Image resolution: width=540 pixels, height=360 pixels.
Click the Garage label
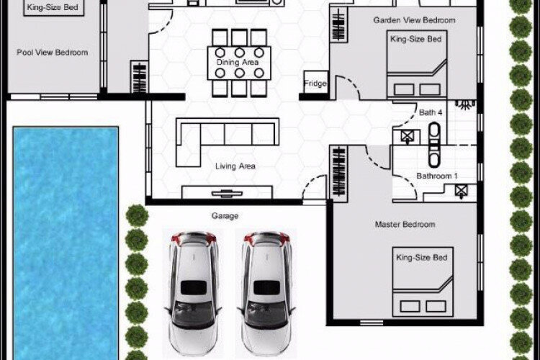[x=225, y=216]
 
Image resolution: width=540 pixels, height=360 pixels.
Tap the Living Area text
[x=235, y=166]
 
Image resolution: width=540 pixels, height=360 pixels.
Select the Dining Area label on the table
[x=238, y=63]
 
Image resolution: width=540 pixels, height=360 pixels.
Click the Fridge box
[x=315, y=83]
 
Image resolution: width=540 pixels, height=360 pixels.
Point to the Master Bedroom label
[x=405, y=225]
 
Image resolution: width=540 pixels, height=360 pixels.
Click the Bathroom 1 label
[x=437, y=176]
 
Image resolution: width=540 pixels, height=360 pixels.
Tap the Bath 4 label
[x=431, y=112]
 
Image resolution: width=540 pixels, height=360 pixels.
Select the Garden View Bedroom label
[x=414, y=20]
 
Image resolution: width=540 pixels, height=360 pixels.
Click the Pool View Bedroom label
[x=53, y=53]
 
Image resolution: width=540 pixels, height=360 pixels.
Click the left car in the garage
[x=193, y=293]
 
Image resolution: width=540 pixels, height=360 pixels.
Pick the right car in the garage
[x=266, y=293]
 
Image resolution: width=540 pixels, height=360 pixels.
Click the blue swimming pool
[x=66, y=243]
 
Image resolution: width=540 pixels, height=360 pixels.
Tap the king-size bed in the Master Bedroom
[x=423, y=282]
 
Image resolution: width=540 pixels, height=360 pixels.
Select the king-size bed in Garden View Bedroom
[x=417, y=65]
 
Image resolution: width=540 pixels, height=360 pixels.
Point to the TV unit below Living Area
[x=227, y=192]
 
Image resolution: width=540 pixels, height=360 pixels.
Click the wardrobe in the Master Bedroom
[x=339, y=172]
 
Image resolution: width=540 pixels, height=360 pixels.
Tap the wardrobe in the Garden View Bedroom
[x=339, y=24]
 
